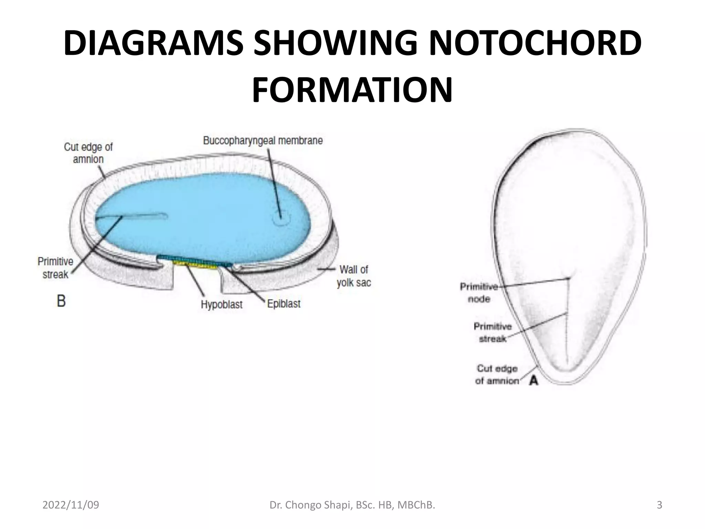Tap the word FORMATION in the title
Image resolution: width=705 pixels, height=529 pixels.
tap(352, 90)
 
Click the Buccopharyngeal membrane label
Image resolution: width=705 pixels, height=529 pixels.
tap(263, 141)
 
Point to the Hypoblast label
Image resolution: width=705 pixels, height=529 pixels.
tap(221, 304)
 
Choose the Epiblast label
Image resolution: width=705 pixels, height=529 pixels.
tap(284, 304)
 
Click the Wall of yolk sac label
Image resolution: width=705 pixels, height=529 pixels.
tap(354, 276)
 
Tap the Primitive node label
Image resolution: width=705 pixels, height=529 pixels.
tap(479, 292)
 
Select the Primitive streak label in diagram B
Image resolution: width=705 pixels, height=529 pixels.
tap(55, 268)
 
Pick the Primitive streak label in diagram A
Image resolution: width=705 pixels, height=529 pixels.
tap(493, 332)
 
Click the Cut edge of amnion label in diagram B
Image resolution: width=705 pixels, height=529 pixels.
tap(88, 153)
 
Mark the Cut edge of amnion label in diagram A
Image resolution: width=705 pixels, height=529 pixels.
tap(497, 374)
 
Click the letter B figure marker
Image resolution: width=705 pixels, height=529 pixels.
tap(61, 301)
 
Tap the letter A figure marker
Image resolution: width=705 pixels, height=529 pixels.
tap(533, 380)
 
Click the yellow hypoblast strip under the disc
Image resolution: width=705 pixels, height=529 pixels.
tap(195, 264)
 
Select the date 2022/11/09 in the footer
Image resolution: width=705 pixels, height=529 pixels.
tap(71, 505)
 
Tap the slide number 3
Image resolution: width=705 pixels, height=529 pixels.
tap(660, 505)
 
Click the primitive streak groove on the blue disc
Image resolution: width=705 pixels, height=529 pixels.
tap(138, 216)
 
